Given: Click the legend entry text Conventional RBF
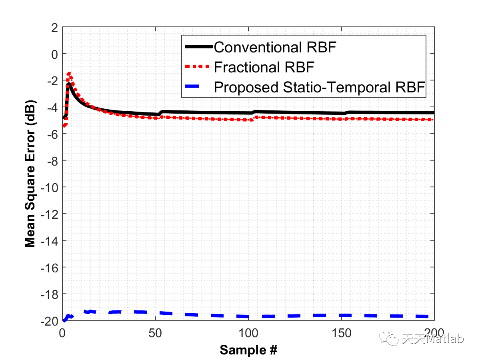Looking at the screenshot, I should tap(274, 47).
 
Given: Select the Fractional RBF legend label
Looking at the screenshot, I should tap(264, 67).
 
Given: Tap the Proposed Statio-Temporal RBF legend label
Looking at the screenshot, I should tap(319, 87).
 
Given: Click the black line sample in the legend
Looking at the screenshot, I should tap(198, 47).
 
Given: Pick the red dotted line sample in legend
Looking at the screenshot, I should tap(198, 67).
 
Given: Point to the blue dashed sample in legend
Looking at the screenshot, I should tap(198, 87).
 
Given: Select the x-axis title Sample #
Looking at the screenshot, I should tap(248, 350).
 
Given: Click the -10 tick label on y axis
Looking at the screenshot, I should tap(51, 188).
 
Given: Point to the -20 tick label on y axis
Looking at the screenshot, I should tap(51, 321).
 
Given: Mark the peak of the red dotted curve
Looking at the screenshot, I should tap(69, 74).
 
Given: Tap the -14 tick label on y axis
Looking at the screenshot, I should tap(51, 241).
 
